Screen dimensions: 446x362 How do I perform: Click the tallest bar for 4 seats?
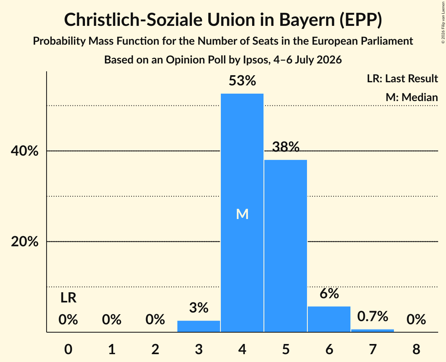coord(242,213)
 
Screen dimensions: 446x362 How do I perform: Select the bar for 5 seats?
coord(285,246)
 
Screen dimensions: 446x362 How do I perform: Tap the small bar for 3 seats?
coord(199,326)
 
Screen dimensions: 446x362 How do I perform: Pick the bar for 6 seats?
coord(329,319)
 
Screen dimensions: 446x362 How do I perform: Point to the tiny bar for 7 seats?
coord(373,331)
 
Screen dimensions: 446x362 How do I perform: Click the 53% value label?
coord(242,81)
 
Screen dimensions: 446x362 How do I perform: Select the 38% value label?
coord(285,147)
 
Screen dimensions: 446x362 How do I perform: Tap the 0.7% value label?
coord(373,316)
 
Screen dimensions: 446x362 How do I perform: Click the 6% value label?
coord(329,293)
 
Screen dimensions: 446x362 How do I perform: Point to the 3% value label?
coord(199,308)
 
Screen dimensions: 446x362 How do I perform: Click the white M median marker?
coord(242,214)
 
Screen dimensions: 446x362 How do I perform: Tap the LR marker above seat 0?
coord(68,298)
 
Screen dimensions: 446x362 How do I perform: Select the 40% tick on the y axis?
coord(25,151)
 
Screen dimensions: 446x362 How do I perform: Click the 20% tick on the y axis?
coord(25,242)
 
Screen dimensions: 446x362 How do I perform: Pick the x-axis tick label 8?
coord(416,349)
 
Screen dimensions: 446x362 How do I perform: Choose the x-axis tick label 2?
coord(155,349)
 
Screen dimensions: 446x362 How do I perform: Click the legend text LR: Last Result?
coord(402,78)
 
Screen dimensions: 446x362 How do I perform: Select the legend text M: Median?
coord(412,97)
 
